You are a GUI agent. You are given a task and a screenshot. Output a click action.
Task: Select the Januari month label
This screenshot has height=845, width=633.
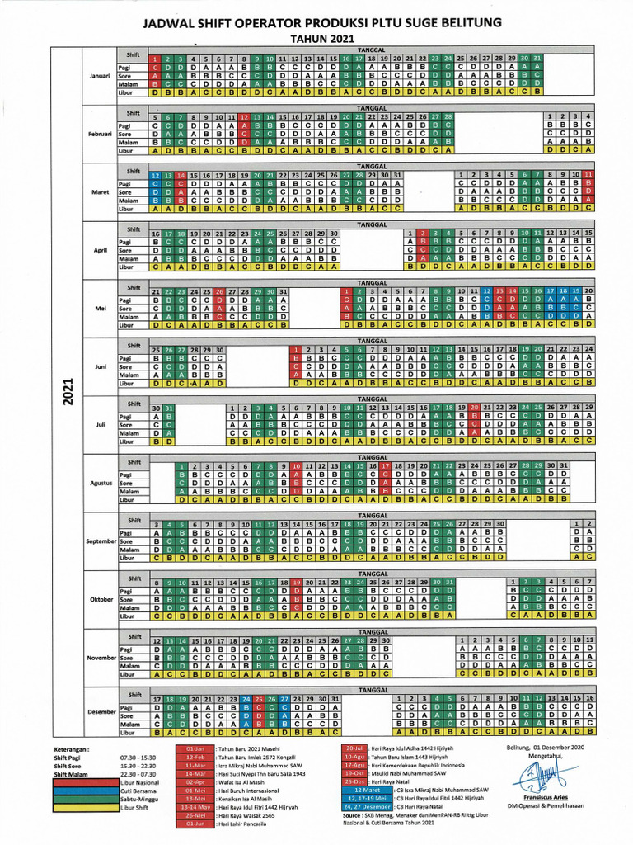click(101, 76)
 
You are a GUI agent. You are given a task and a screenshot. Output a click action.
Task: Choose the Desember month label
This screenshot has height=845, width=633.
click(101, 711)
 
